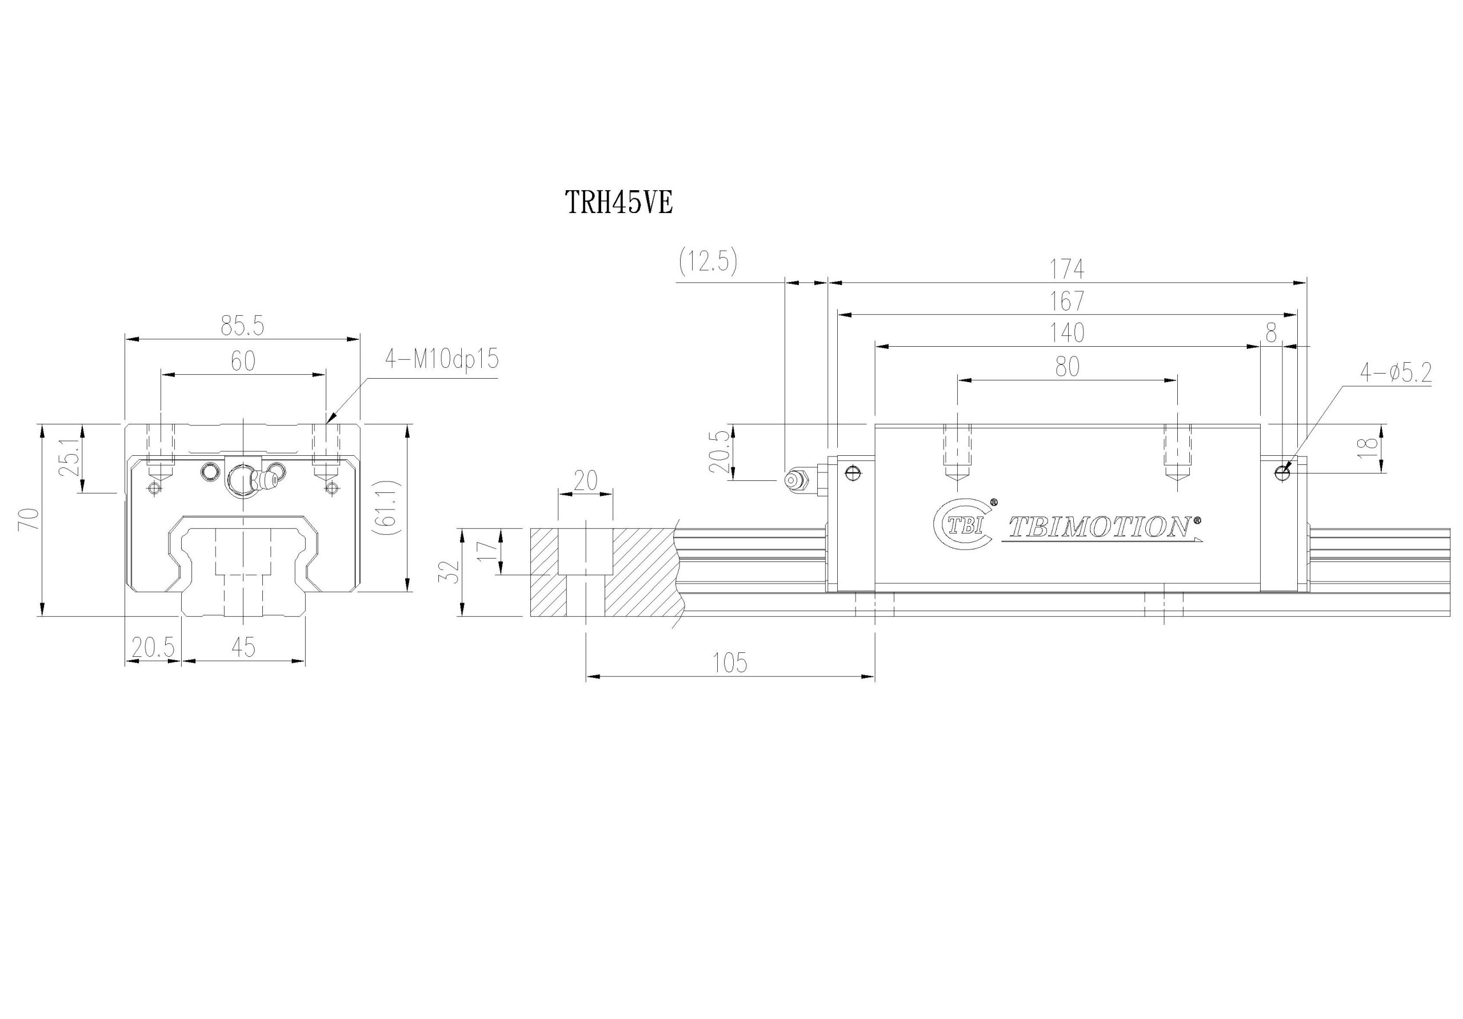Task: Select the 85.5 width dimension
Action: [242, 326]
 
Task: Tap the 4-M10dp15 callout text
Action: [442, 359]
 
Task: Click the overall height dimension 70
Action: [29, 520]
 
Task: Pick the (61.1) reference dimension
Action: [387, 507]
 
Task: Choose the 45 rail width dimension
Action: [243, 648]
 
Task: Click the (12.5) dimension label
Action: [708, 261]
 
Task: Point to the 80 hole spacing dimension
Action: [1068, 367]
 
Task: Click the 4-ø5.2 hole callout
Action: [1396, 372]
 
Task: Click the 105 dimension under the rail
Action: [730, 663]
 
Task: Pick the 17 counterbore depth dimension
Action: [487, 551]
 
